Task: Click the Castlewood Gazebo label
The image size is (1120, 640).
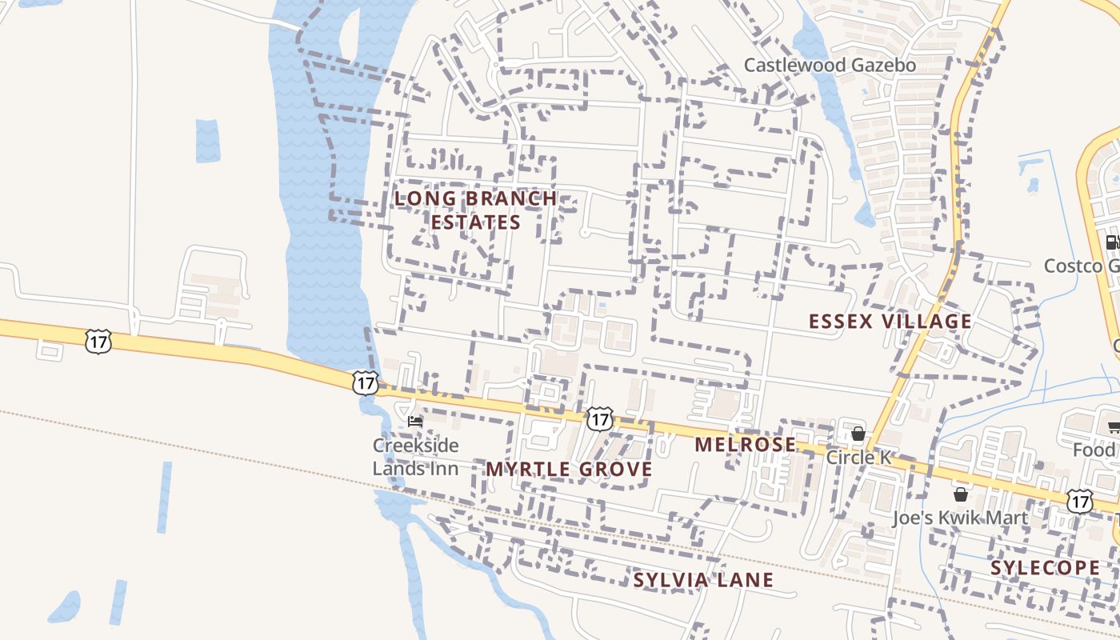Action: point(830,65)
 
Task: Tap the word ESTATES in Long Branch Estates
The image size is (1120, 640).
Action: point(476,222)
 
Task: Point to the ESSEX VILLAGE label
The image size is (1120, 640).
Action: point(890,322)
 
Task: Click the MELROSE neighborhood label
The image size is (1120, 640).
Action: point(745,445)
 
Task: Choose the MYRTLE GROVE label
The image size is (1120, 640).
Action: point(569,470)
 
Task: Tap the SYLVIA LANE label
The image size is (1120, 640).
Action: point(703,580)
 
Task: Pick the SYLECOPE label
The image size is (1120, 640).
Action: point(1045,568)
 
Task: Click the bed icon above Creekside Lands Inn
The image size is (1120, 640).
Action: point(414,421)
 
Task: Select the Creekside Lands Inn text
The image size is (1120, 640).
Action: point(416,457)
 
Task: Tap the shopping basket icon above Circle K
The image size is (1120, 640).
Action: point(858,434)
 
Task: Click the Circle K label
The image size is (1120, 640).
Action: point(858,458)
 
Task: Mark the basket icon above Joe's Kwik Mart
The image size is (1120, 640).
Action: point(960,494)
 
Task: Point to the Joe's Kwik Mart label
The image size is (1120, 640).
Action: point(960,518)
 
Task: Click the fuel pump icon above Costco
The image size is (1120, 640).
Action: point(1112,242)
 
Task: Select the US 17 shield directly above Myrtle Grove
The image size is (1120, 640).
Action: point(599,418)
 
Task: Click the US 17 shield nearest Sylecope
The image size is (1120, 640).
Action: point(1080,502)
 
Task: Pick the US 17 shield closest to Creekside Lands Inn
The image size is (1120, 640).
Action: point(364,382)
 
